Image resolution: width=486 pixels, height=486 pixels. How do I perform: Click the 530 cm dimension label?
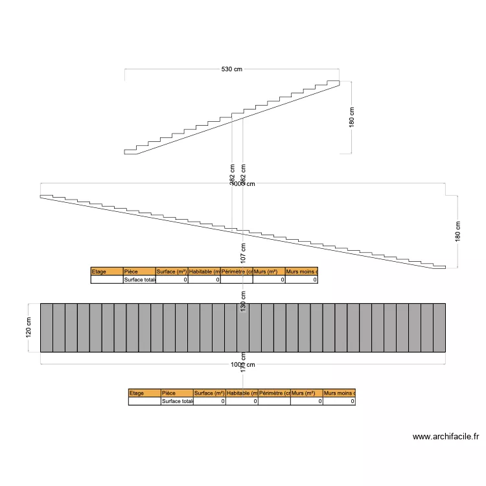coord(232,69)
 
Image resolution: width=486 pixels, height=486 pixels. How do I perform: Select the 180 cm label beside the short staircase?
coord(352,117)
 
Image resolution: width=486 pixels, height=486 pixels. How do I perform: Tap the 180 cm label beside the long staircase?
coord(458,232)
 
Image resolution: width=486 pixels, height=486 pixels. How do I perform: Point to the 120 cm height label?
coord(29,327)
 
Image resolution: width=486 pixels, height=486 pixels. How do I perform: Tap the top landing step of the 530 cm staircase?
coord(332,83)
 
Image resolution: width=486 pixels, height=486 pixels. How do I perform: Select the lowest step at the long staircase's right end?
coord(439,266)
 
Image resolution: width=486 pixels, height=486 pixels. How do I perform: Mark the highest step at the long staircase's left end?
coord(46,196)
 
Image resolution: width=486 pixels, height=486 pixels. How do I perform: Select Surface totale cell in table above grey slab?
coord(139,280)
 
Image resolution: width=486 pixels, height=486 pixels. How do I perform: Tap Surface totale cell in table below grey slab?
coord(177,401)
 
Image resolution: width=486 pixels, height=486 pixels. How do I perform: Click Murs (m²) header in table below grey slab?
coord(307,393)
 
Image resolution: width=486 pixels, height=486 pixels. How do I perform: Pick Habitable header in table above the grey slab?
coord(204,272)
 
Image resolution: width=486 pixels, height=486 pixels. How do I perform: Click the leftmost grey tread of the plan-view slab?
coord(46,327)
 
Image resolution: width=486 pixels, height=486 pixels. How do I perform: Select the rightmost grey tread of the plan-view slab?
coord(439,327)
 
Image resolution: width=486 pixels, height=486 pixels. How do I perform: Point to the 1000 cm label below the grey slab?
coord(243,365)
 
